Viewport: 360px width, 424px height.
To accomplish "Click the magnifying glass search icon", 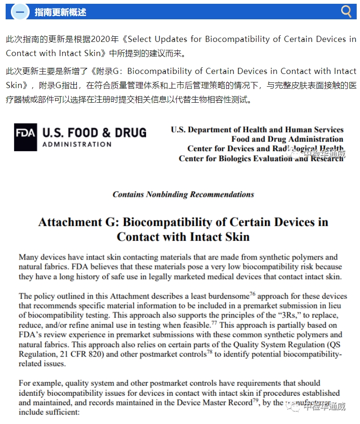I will coord(346,11).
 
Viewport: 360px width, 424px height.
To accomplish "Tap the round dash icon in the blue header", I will coord(20,12).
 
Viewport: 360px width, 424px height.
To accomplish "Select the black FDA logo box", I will coord(25,137).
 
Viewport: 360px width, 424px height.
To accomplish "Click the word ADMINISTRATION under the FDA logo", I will coord(77,144).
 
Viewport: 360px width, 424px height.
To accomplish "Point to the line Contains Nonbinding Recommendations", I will coord(183,195).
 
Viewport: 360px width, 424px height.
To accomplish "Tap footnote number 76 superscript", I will coord(252,294).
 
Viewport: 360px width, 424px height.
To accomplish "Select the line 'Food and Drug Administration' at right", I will coord(287,139).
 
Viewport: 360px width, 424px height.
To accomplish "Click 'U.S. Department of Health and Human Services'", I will coord(257,130).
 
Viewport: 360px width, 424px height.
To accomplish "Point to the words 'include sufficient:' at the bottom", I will coord(49,412).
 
